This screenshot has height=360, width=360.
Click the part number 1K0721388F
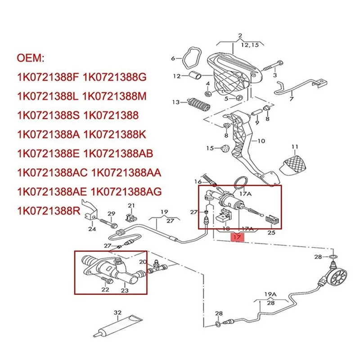tap(47, 77)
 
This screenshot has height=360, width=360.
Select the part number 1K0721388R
tap(47, 210)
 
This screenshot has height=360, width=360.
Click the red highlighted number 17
tap(237, 237)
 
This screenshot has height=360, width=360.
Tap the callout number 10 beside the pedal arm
tap(261, 140)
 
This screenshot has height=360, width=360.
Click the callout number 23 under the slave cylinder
tap(125, 290)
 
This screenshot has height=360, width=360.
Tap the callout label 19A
tap(270, 294)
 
